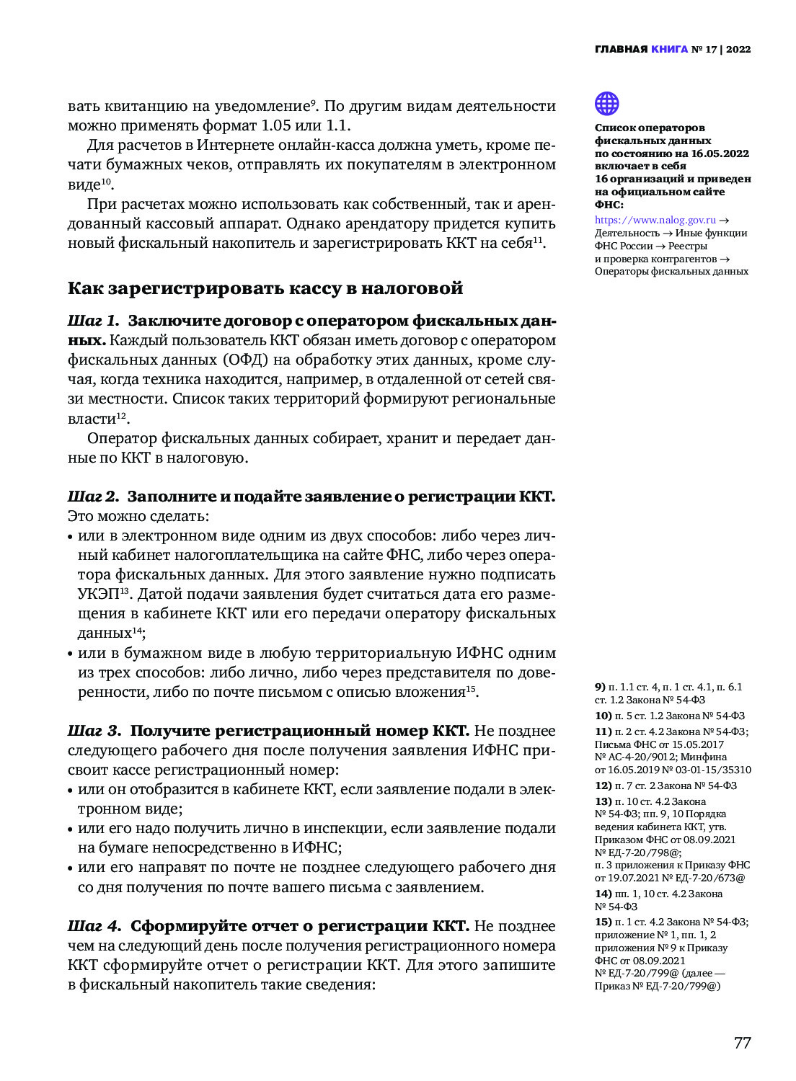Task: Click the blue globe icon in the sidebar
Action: (606, 104)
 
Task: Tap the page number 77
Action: (742, 1043)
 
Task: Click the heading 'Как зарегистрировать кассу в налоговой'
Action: (265, 288)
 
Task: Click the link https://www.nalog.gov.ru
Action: (655, 221)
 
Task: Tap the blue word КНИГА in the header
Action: (669, 50)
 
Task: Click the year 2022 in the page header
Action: (738, 50)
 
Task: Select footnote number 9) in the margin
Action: (600, 688)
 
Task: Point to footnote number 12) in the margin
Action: (603, 786)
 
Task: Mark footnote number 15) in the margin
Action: (603, 922)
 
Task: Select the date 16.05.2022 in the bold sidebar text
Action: (720, 154)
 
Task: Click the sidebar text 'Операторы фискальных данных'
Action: (671, 272)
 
